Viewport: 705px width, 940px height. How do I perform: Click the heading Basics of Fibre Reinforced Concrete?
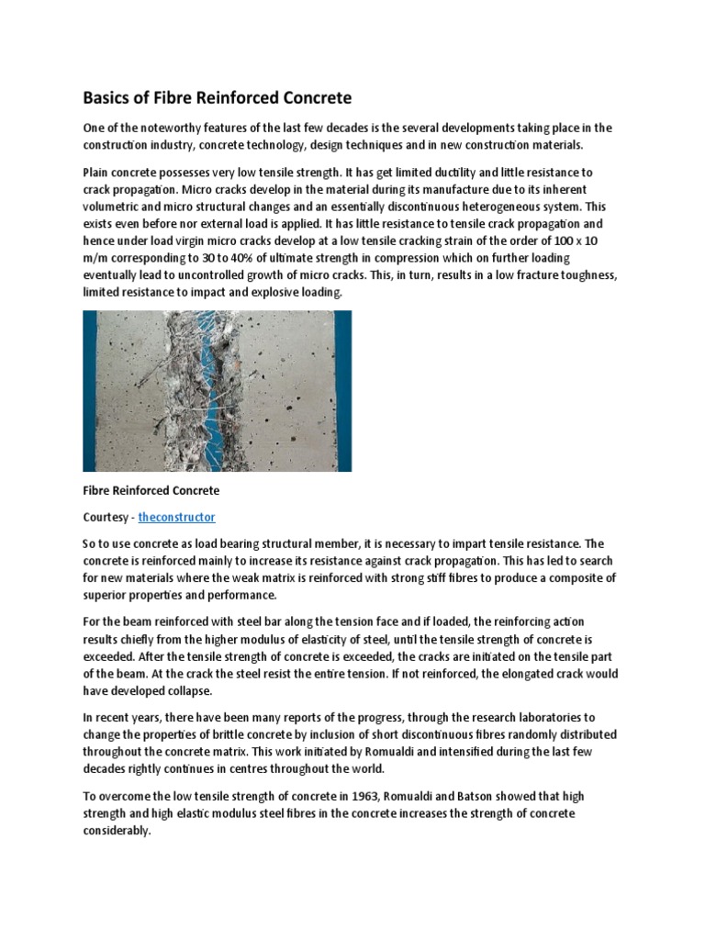pyautogui.click(x=218, y=97)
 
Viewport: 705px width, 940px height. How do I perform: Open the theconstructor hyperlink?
pyautogui.click(x=176, y=517)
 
